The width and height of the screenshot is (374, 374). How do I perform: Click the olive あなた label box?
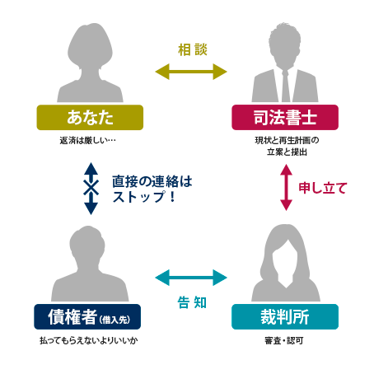click(90, 117)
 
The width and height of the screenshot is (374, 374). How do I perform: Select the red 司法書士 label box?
click(285, 117)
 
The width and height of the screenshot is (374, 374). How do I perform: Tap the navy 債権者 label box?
click(87, 316)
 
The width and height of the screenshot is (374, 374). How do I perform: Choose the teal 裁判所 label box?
click(285, 316)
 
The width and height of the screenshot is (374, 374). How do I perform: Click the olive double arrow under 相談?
click(191, 72)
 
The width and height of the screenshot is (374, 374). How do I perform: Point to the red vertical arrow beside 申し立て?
click(286, 188)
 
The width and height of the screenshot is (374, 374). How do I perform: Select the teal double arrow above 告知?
click(191, 278)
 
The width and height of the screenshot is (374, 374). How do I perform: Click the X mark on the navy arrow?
click(91, 188)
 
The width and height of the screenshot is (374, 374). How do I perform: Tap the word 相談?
click(193, 49)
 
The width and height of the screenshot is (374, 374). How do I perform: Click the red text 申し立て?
click(323, 188)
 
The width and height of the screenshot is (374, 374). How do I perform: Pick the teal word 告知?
click(192, 302)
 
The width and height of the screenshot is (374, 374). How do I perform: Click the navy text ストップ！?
click(144, 197)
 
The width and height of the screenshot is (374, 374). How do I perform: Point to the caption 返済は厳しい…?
click(88, 140)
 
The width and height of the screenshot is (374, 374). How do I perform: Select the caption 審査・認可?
click(284, 341)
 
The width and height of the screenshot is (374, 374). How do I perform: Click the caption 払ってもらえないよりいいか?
click(89, 341)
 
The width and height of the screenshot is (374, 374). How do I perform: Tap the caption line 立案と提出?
click(287, 152)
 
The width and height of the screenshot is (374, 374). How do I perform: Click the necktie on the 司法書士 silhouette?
click(285, 86)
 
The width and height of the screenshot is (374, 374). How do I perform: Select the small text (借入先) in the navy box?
click(115, 320)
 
